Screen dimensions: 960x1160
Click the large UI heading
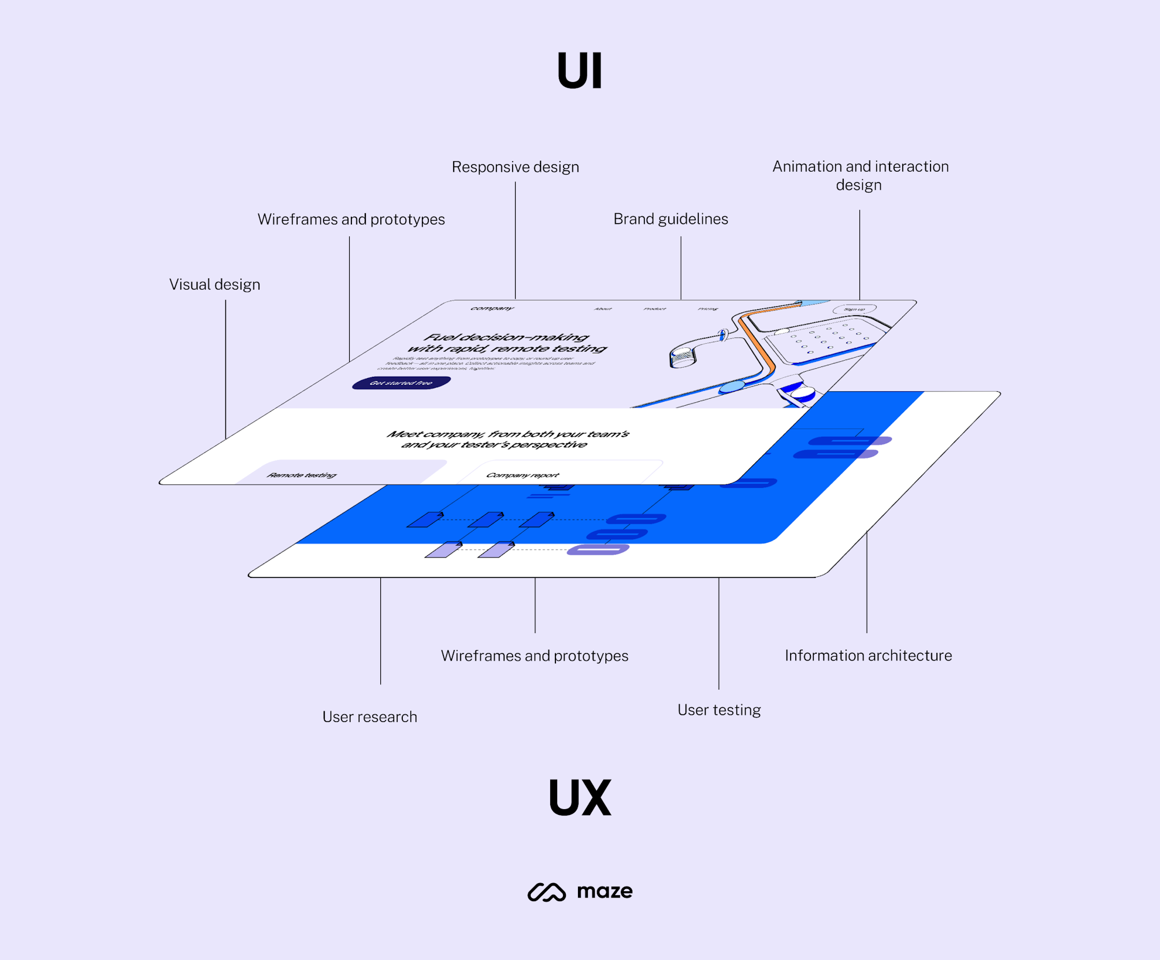tap(580, 71)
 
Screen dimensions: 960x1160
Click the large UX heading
tap(580, 797)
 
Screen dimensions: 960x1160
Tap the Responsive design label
tap(515, 167)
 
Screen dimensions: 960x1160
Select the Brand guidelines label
tap(670, 219)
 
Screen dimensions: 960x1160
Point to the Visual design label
tap(214, 284)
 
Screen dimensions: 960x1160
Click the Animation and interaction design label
tap(860, 175)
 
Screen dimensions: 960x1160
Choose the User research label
tap(369, 717)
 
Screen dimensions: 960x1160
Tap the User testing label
tap(719, 710)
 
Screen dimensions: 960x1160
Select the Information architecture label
tap(868, 655)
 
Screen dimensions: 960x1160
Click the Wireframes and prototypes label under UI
tap(351, 220)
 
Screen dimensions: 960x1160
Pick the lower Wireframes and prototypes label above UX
tap(534, 656)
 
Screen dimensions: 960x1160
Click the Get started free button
tap(401, 383)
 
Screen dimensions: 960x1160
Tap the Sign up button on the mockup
tap(854, 309)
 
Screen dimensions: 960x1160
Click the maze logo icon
tap(546, 892)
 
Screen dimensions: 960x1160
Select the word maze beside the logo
tap(605, 891)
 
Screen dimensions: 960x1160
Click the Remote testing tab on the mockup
tap(301, 475)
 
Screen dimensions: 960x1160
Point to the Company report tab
tap(522, 475)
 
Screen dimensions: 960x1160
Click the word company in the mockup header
tap(492, 308)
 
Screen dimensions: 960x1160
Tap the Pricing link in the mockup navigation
tap(707, 309)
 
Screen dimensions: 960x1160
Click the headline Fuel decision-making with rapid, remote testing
tap(507, 343)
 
